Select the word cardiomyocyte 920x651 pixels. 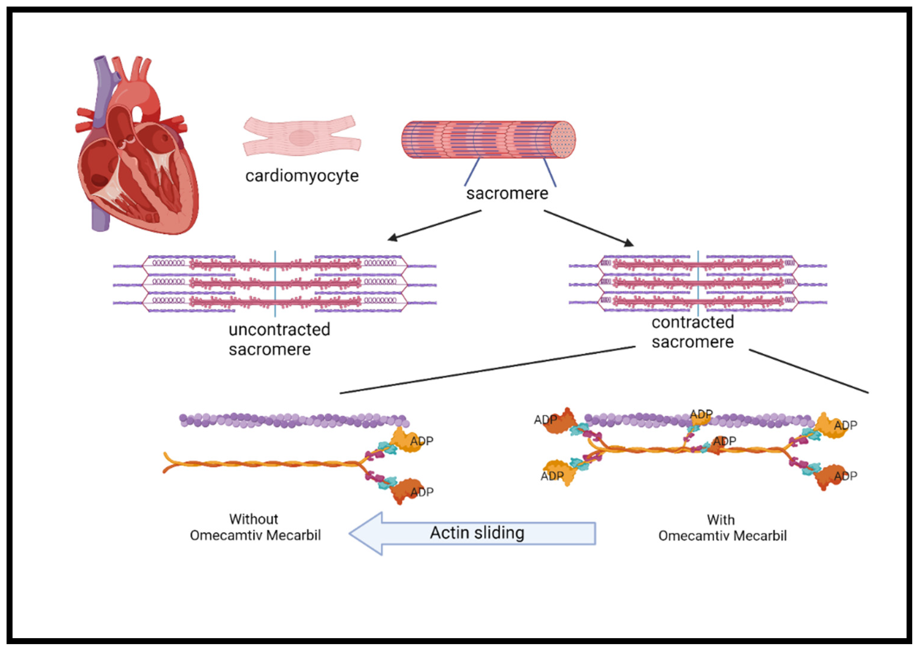tap(302, 176)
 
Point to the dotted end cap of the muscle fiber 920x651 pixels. tap(563, 140)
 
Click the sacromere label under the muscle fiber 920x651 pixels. tap(507, 194)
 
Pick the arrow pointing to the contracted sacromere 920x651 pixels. tap(589, 228)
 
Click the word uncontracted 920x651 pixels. tap(279, 330)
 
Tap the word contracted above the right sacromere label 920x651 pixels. tap(692, 322)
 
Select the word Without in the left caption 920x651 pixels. tap(253, 519)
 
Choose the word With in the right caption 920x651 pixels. tap(721, 520)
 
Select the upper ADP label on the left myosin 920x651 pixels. tap(422, 441)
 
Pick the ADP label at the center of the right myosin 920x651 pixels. tap(724, 441)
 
